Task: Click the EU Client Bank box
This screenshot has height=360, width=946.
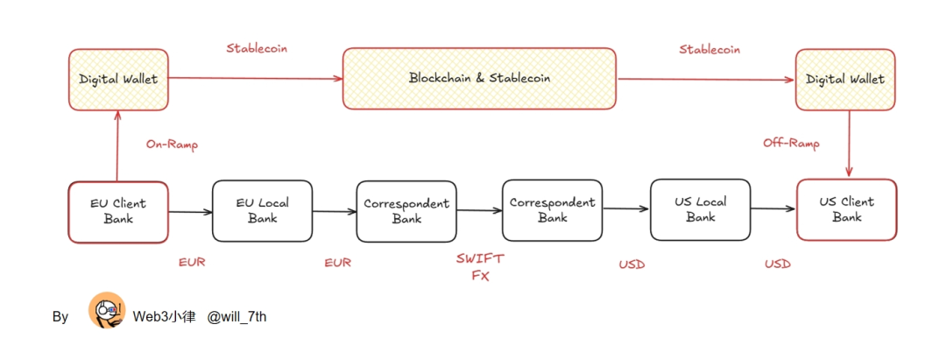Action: point(118,211)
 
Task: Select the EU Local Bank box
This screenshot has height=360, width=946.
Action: point(262,211)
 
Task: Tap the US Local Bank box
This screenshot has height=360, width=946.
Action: point(700,210)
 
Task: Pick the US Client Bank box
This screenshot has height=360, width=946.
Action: point(846,210)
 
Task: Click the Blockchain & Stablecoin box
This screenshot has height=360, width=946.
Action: point(479,78)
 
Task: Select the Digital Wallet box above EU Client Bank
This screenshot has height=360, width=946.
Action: point(118,79)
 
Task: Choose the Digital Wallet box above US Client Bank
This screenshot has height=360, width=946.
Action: point(845,79)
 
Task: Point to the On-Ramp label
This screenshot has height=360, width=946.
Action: point(171,145)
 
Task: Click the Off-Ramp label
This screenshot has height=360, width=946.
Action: point(791,141)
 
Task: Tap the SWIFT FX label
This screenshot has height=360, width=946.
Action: point(480,266)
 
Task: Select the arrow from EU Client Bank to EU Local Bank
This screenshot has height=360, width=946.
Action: point(190,211)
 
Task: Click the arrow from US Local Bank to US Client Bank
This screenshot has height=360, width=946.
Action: point(773,208)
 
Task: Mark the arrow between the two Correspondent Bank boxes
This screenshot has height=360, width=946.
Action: point(479,210)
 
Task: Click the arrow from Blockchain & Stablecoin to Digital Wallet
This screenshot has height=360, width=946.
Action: point(705,79)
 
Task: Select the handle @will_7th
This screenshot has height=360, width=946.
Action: point(236,316)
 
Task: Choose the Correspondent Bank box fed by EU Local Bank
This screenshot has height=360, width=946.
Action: point(406,211)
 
